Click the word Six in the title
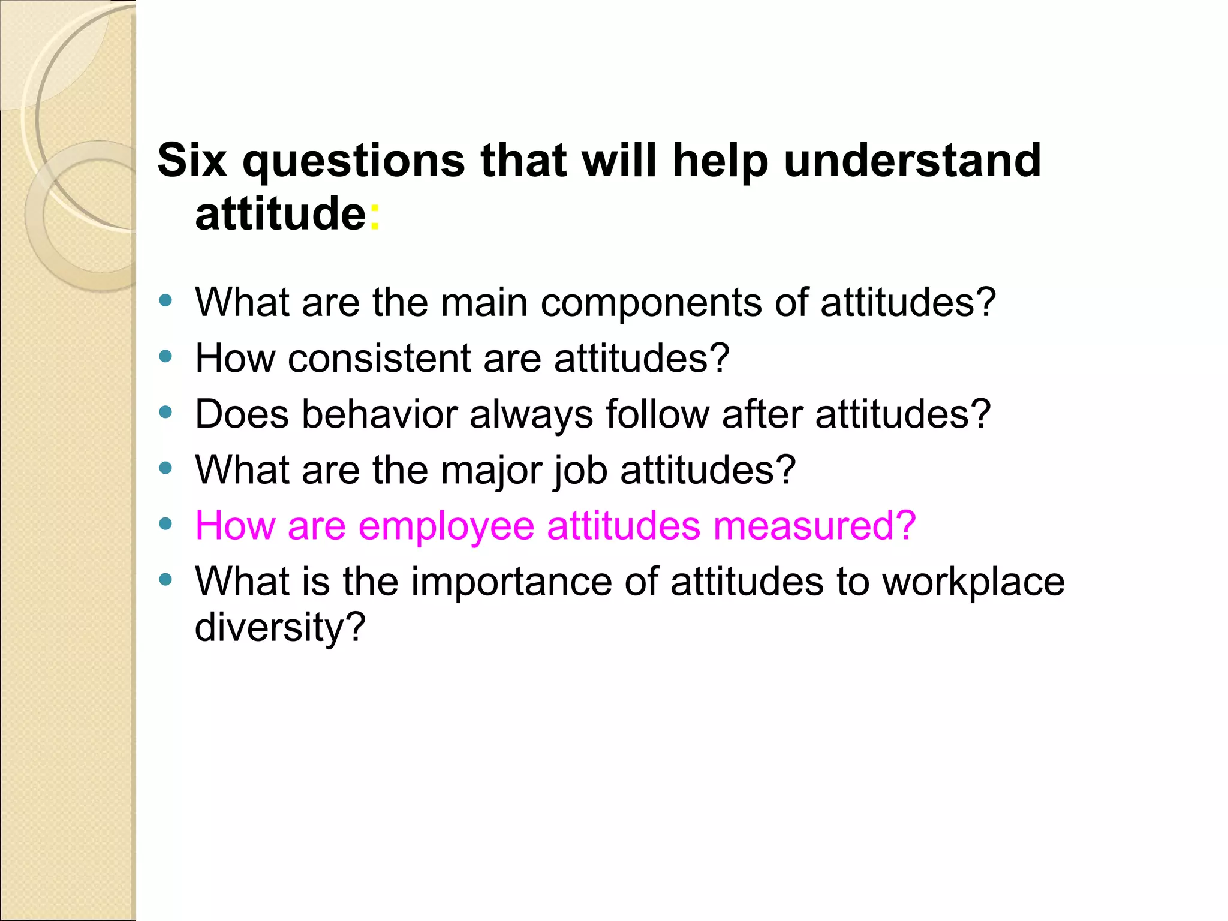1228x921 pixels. [192, 161]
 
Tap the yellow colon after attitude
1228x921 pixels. [374, 216]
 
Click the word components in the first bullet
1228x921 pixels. [651, 303]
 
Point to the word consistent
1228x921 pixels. [379, 359]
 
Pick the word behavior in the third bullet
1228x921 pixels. [379, 414]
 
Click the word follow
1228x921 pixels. [657, 414]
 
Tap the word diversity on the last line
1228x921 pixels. [279, 628]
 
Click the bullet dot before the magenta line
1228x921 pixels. [166, 524]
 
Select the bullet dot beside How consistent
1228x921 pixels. [166, 357]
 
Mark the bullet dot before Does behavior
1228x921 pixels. [166, 413]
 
